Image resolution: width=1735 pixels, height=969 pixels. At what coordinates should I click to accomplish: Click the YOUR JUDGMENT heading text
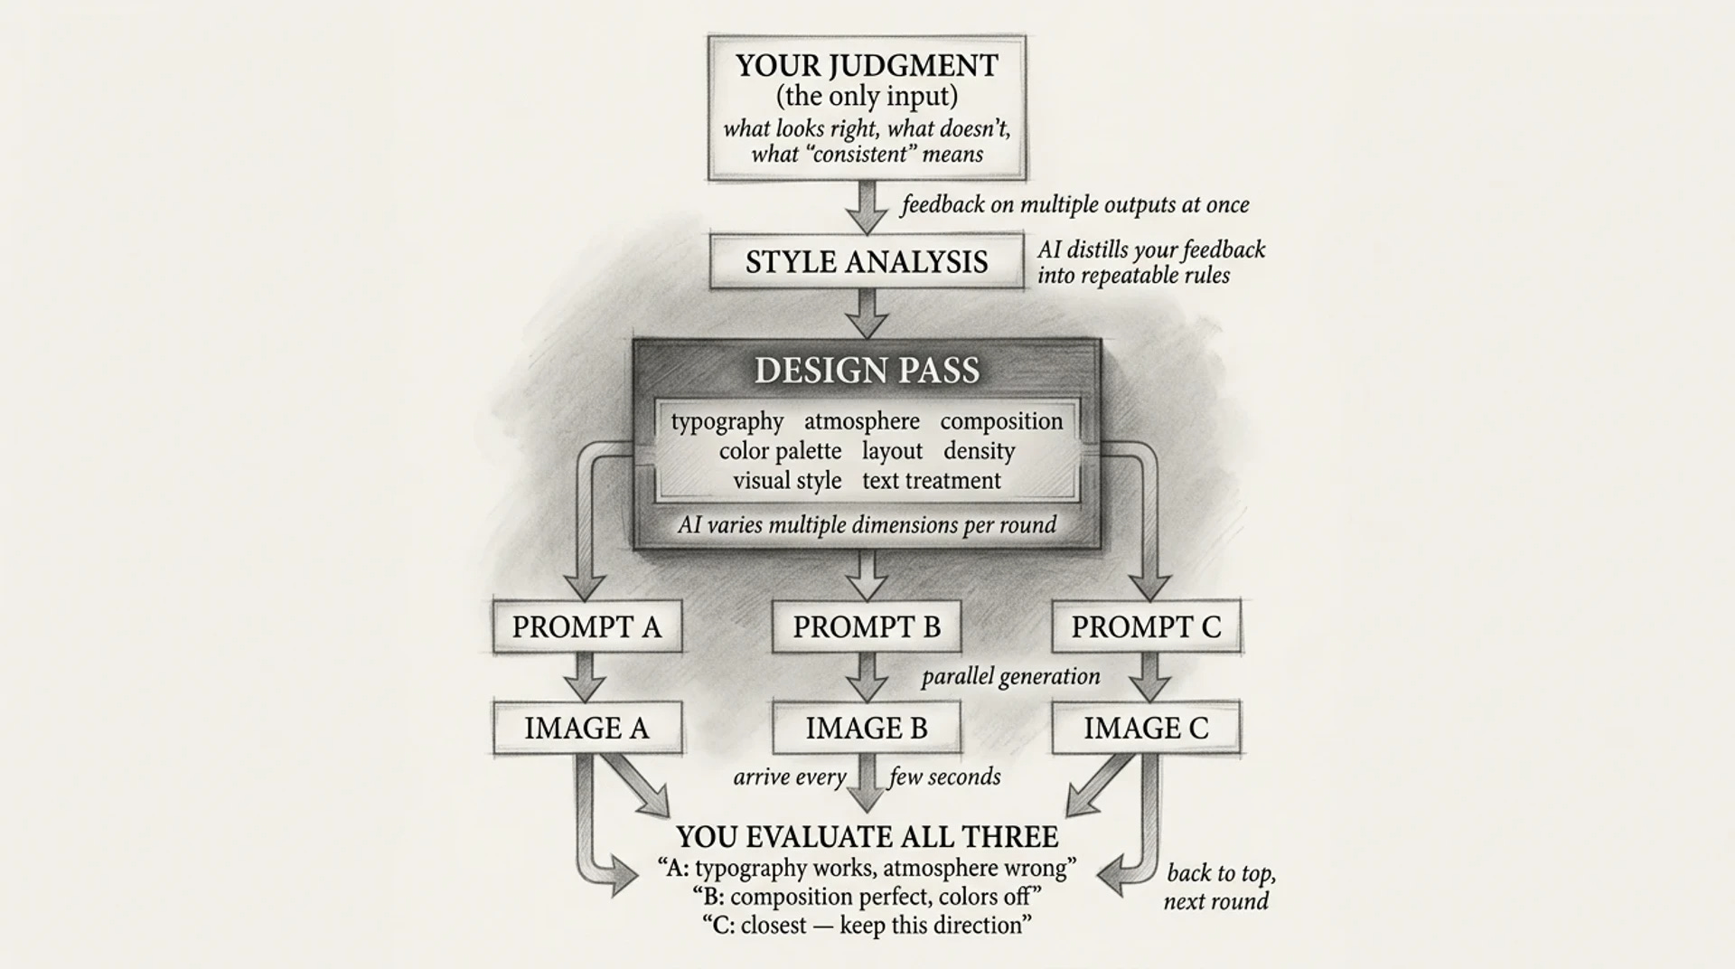866,66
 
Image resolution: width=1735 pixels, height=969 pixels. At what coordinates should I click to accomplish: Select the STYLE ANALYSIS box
866,262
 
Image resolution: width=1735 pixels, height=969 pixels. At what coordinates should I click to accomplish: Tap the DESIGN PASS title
867,371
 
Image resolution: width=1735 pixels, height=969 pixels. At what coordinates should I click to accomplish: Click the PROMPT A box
586,626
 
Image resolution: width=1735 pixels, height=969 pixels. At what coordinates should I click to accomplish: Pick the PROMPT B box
867,626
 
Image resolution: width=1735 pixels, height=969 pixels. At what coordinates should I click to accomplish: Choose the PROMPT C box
1146,626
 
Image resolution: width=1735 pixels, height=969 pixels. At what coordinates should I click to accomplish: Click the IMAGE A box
586,728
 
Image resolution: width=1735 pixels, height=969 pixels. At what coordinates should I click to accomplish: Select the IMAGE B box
867,728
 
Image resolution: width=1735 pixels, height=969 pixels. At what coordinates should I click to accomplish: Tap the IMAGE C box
1146,728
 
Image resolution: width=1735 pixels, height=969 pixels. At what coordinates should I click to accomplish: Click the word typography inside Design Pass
727,421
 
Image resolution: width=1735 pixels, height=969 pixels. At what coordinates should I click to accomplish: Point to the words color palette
780,451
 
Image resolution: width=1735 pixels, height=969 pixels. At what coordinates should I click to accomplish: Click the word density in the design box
979,451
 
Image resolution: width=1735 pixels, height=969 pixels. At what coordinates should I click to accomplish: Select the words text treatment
931,481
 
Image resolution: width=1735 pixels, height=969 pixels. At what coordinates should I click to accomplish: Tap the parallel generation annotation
1010,677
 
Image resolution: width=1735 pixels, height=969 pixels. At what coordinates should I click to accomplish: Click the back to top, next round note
1219,887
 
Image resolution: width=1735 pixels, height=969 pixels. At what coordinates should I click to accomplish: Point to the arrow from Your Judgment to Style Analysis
867,207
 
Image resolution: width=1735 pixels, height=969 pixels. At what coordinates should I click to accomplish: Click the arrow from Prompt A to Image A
586,676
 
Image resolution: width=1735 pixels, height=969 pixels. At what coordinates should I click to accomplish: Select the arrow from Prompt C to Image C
1149,676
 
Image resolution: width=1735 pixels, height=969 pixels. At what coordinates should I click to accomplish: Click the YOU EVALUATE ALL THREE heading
867,837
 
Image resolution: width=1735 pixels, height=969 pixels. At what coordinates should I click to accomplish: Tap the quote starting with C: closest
867,926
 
